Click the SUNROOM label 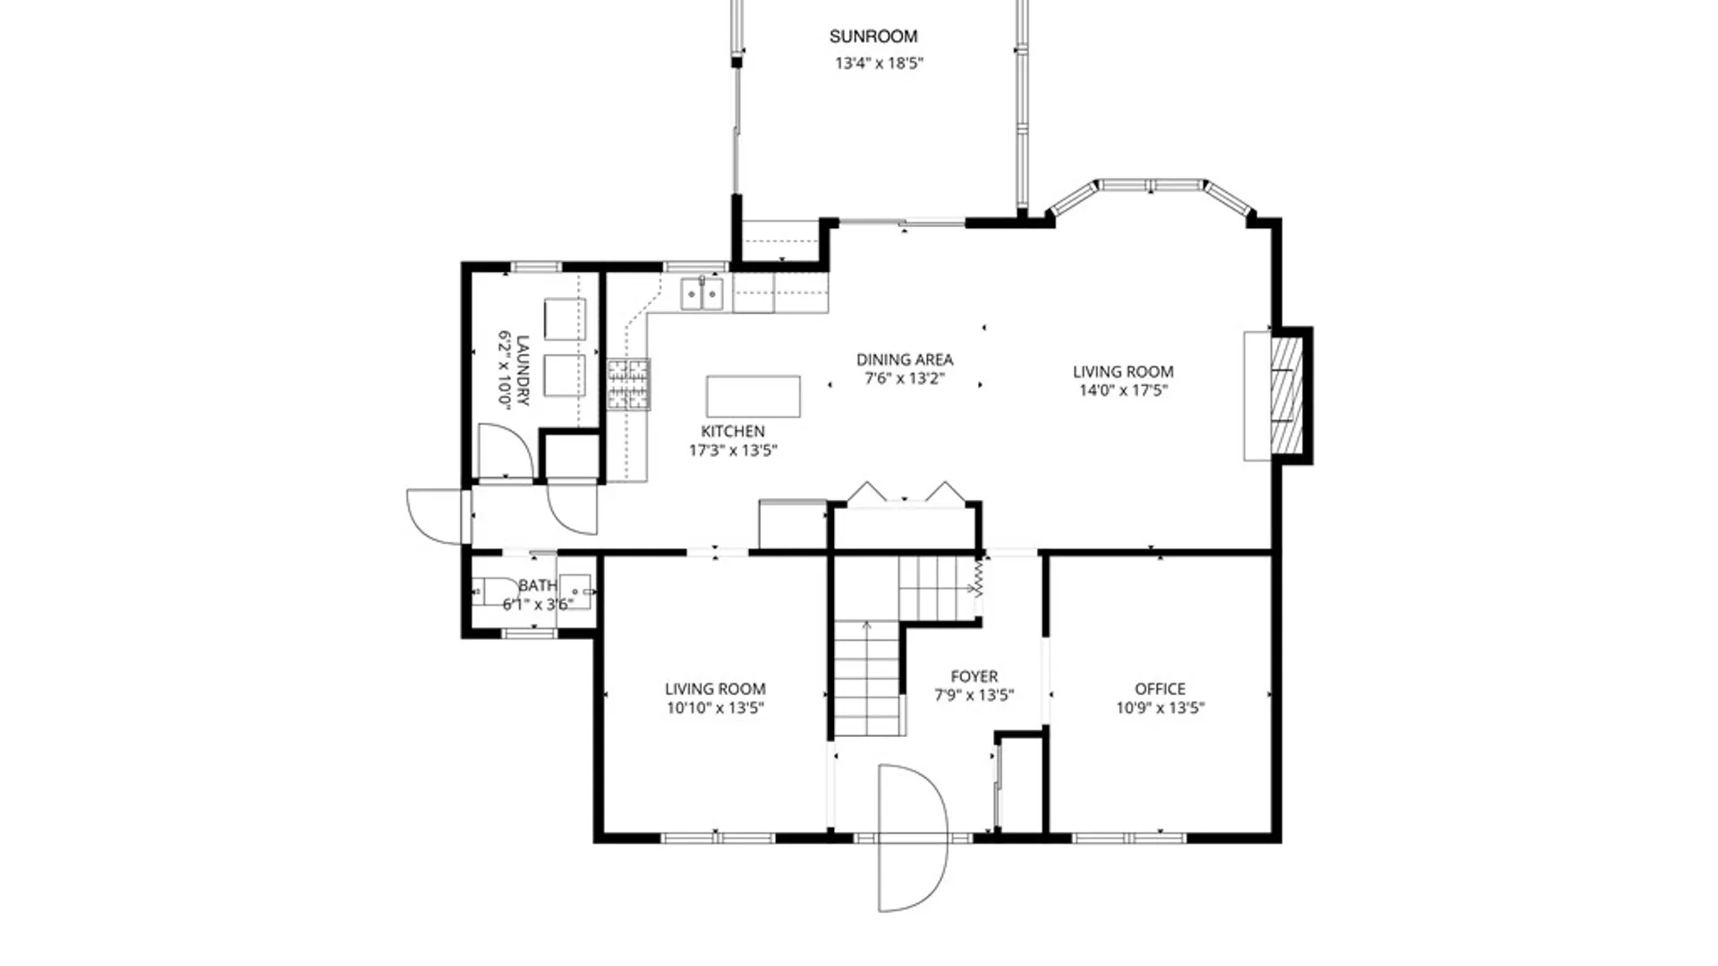point(872,37)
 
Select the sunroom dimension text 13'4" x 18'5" point(879,64)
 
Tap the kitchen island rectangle point(753,396)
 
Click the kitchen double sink point(702,293)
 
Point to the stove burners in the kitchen point(629,385)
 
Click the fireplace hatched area point(1284,394)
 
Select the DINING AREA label point(905,360)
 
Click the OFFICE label point(1160,689)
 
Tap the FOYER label point(974,677)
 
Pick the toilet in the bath point(494,591)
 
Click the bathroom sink point(575,591)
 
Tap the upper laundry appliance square point(565,319)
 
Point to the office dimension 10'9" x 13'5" point(1160,708)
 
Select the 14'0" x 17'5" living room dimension point(1123,391)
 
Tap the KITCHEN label point(732,431)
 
